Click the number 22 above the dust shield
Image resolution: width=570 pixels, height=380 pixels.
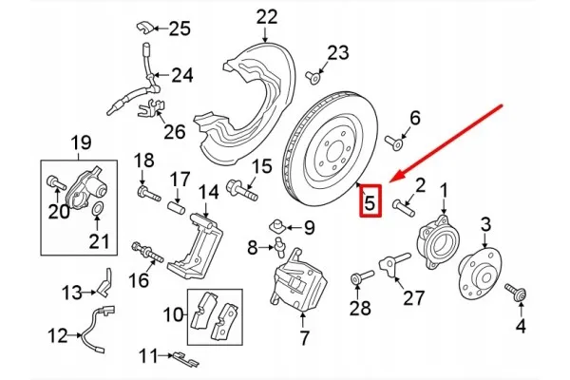(266, 17)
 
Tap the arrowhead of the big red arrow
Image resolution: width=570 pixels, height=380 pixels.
(397, 176)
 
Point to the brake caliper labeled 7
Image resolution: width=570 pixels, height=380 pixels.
(299, 281)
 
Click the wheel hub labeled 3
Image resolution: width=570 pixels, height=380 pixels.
(480, 274)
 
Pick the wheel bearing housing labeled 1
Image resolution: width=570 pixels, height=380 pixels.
(438, 242)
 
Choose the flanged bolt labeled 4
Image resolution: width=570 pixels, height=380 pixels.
(516, 292)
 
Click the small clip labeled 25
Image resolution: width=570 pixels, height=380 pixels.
(144, 28)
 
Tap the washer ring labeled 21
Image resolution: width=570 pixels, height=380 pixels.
(98, 209)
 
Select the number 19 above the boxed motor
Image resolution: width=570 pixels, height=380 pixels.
(81, 142)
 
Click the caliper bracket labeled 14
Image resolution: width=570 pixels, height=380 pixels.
(195, 245)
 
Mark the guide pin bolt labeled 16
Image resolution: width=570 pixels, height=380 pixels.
(147, 253)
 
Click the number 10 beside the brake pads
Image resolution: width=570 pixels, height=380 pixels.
(173, 314)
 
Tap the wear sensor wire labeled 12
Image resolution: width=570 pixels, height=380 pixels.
(96, 329)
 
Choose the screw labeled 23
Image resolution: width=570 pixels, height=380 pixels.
(313, 78)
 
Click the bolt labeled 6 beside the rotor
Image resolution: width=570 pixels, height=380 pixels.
(393, 142)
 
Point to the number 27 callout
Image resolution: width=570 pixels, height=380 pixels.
(413, 298)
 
